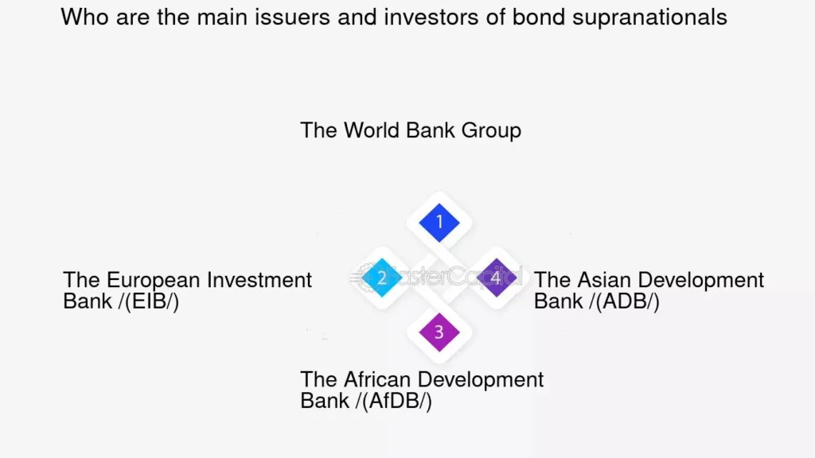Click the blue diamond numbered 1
(439, 223)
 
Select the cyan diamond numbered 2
(382, 278)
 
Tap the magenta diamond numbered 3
(439, 332)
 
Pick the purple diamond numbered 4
(497, 278)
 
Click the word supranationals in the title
(649, 17)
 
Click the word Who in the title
(85, 17)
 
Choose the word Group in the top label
(491, 131)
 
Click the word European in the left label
(154, 281)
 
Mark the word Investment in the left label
(259, 280)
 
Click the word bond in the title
(539, 17)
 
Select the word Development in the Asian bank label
(697, 281)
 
